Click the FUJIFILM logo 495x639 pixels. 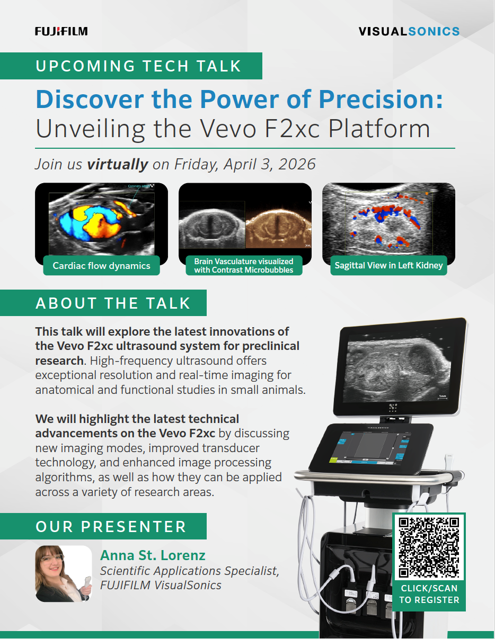(61, 31)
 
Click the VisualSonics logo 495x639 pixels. (409, 31)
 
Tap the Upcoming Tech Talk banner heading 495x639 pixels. (138, 66)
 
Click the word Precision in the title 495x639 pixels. (381, 99)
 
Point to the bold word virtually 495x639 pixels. (118, 164)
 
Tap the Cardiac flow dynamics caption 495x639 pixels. (102, 266)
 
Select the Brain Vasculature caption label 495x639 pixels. (244, 266)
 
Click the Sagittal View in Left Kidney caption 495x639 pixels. (388, 266)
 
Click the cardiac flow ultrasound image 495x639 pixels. (102, 223)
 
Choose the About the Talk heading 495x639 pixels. (113, 303)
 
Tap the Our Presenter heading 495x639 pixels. (111, 526)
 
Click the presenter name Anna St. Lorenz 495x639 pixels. (153, 555)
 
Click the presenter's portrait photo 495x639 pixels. (64, 574)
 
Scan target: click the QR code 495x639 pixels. (429, 547)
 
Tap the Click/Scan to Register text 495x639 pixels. (429, 594)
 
